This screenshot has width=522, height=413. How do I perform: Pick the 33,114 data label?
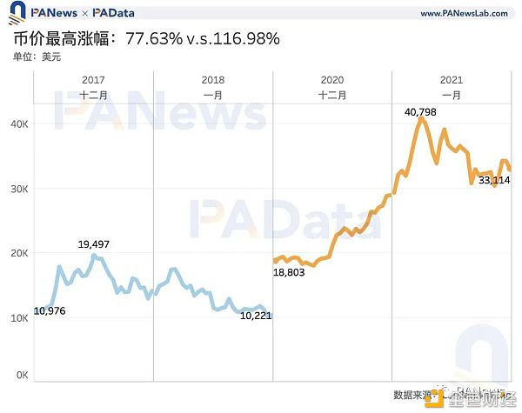494,180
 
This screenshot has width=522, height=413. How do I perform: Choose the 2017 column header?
93,80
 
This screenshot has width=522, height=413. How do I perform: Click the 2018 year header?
212,80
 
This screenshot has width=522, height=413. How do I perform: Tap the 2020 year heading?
331,80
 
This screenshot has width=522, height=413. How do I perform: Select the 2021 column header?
452,80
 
